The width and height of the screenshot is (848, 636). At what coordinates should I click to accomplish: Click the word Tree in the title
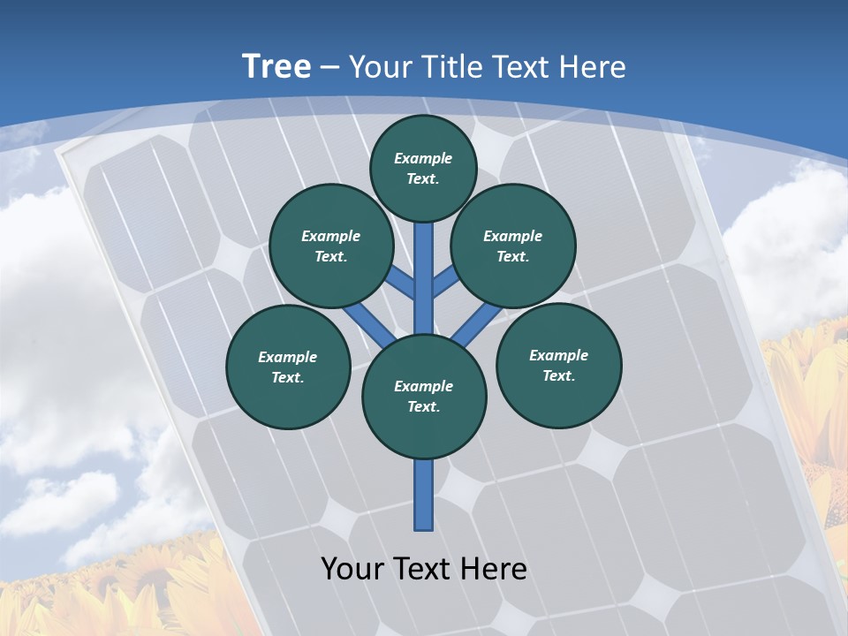[276, 66]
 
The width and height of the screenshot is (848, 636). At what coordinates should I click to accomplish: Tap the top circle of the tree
[423, 168]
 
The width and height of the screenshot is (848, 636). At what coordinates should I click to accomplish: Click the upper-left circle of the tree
[331, 246]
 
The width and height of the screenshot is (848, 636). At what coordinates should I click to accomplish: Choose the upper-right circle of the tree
[513, 246]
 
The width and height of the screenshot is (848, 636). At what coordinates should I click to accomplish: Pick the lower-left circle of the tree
[288, 367]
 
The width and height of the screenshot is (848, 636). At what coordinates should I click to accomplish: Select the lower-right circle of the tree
[559, 365]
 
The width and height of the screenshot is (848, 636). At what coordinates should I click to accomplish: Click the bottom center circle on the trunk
[424, 396]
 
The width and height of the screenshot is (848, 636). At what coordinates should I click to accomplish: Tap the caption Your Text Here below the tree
[424, 569]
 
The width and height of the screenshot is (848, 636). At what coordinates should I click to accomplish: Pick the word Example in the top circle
[423, 158]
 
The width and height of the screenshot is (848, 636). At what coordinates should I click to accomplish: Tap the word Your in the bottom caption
[353, 569]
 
